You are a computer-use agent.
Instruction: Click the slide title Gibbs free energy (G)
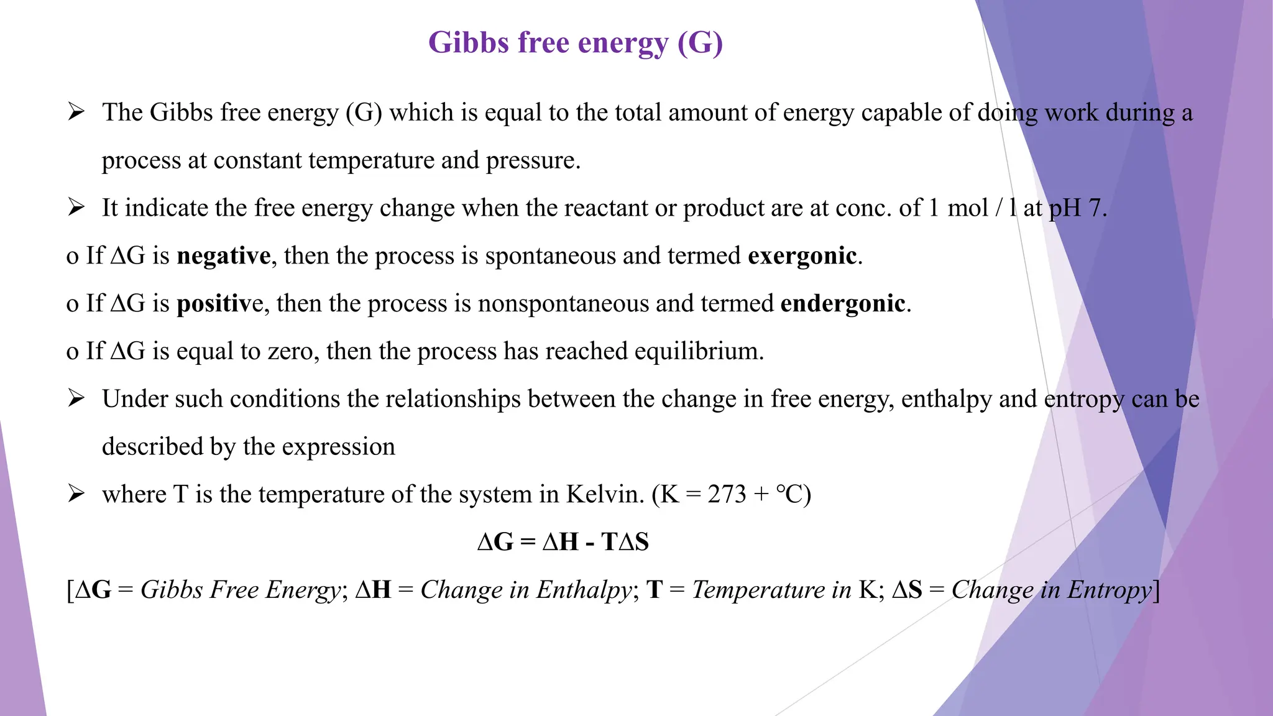[x=576, y=44]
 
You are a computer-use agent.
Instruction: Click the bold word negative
[x=224, y=256]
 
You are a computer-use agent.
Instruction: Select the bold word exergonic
[x=802, y=256]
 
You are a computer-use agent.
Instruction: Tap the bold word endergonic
[x=842, y=304]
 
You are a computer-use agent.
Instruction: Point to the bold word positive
[x=220, y=304]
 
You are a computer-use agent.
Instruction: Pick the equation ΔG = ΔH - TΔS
[x=563, y=542]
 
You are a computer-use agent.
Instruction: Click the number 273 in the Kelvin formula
[x=727, y=495]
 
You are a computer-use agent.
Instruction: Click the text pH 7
[x=1077, y=208]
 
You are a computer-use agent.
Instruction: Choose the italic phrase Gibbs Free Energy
[x=241, y=590]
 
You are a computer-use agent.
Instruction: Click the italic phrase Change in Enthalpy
[x=526, y=590]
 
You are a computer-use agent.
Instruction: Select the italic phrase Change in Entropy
[x=1052, y=590]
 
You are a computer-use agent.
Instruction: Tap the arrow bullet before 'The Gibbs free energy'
[x=76, y=112]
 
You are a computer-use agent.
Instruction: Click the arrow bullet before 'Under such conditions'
[x=76, y=398]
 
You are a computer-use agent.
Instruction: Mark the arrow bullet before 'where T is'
[x=76, y=494]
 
